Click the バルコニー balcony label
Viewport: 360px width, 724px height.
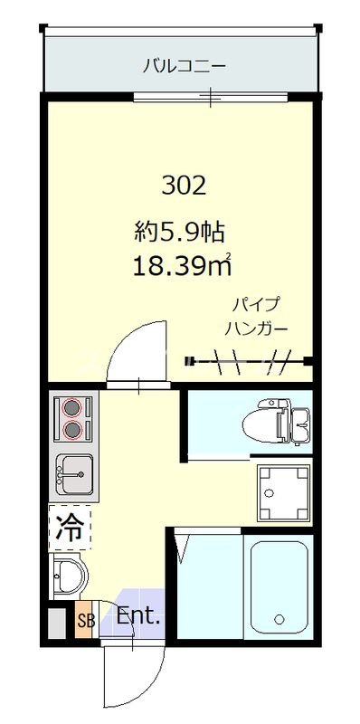184,65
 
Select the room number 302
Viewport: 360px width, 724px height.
185,186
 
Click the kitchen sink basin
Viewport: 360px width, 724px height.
75,471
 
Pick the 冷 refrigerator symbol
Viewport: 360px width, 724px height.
71,527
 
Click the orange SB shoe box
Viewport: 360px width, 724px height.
84,621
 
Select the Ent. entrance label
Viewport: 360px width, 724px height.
137,619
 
